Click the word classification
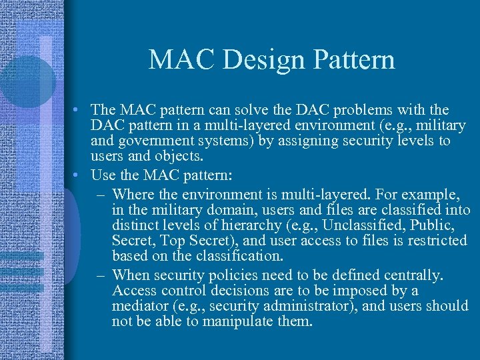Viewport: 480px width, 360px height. click(x=219, y=256)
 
